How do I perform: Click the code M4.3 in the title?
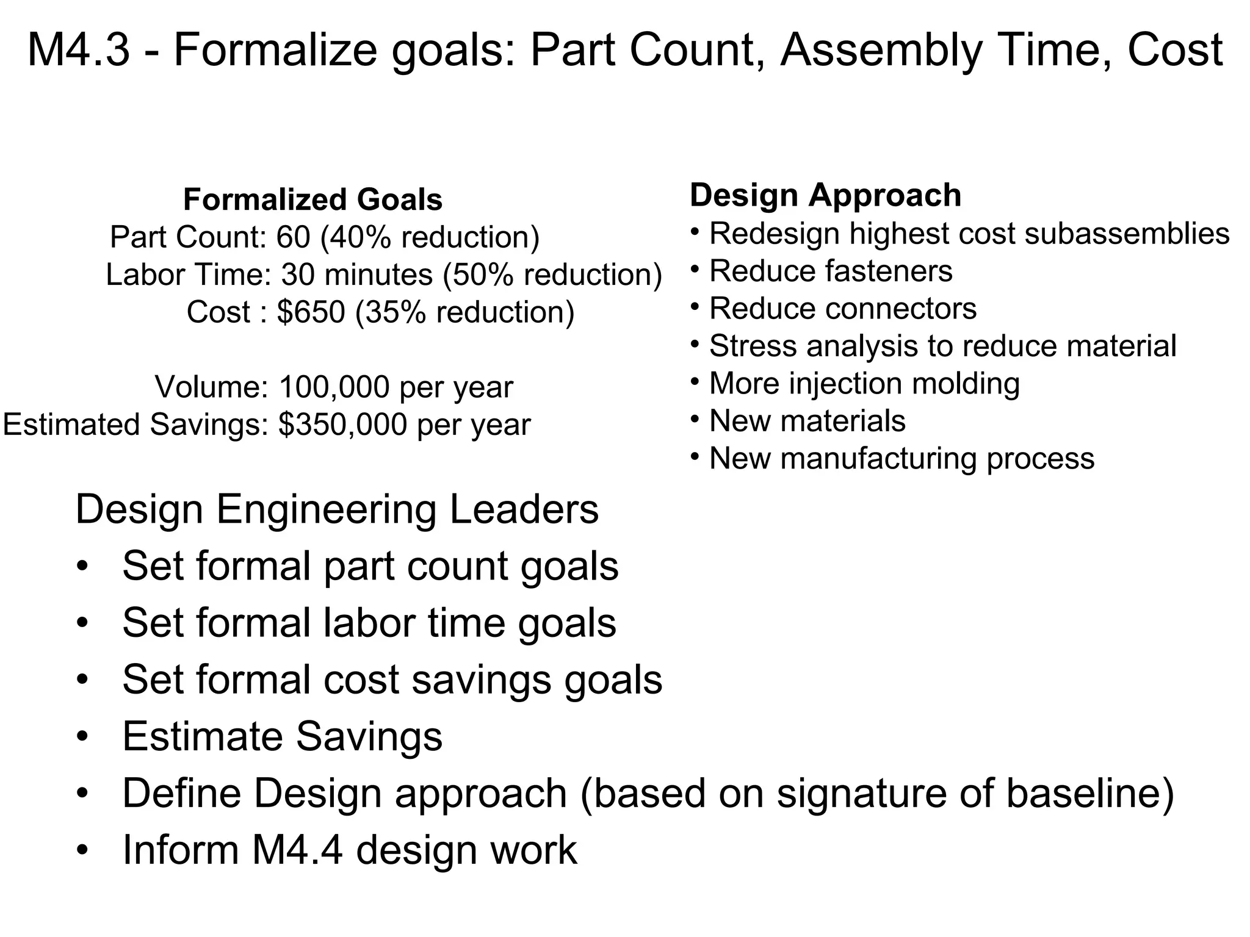pos(79,51)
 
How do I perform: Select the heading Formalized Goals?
pos(312,199)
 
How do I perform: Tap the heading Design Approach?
pos(825,195)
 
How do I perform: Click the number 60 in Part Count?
pos(294,237)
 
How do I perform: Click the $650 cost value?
pos(311,312)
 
